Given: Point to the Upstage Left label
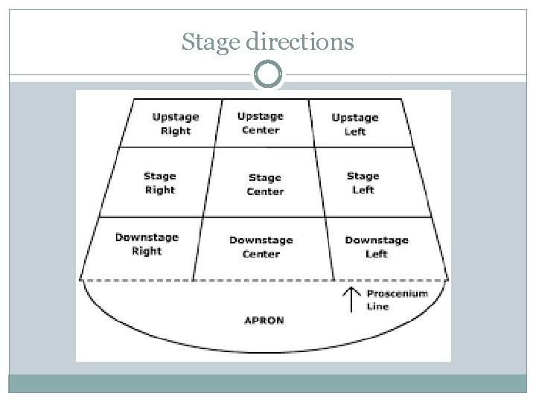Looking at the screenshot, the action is pos(355,124).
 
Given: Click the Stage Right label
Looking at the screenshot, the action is pos(159,183).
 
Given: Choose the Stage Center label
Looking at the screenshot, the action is pos(265,185).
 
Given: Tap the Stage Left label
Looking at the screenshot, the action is pos(363,183).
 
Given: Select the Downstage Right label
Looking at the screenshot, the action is pos(147,244).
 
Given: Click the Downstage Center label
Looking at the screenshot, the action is pos(261,247).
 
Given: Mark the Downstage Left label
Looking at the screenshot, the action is pos(377,247).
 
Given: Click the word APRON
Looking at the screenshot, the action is pos(264,321).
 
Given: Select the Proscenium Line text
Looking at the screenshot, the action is pos(397,299).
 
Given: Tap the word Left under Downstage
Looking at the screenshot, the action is pos(377,255).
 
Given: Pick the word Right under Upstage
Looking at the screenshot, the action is pos(176,131).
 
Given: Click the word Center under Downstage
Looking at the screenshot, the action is pos(261,255).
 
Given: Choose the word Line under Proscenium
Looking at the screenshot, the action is pos(377,307).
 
